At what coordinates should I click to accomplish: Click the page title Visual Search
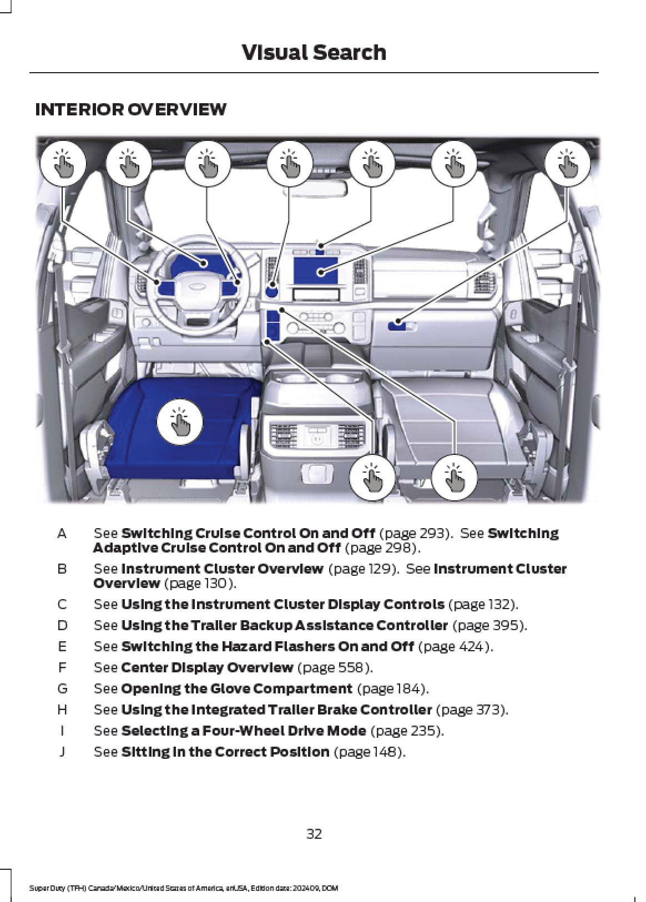[314, 53]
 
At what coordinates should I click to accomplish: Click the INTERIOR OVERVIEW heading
[130, 109]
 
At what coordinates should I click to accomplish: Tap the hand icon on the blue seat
[179, 422]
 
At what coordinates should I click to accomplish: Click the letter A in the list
[62, 534]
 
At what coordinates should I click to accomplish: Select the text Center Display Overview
[206, 667]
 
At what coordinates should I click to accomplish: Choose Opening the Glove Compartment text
[236, 688]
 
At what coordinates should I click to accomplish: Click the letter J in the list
[62, 752]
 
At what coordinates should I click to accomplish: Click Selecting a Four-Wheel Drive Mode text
[243, 731]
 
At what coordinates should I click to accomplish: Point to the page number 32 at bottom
[314, 834]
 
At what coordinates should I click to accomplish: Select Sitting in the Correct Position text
[225, 752]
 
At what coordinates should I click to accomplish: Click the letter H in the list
[62, 710]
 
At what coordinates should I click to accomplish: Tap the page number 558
[348, 667]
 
